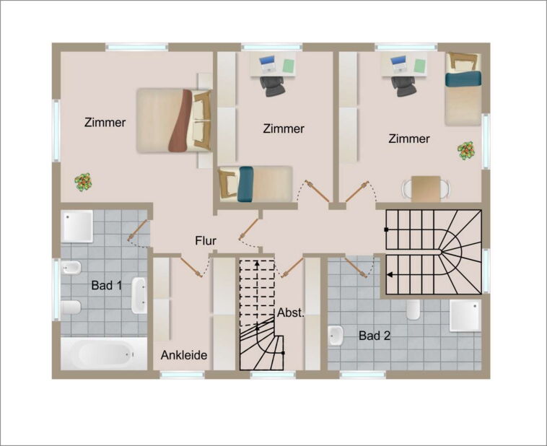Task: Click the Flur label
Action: coord(206,241)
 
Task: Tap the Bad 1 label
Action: coord(106,286)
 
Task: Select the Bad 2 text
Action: coord(375,336)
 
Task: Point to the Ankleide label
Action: coord(184,355)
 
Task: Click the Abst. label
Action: coord(291,312)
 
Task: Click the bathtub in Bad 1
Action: coord(105,354)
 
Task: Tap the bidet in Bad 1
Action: coord(71,268)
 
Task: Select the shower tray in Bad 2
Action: coord(465,315)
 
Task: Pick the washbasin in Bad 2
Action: coord(336,336)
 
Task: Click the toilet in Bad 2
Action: coord(413,309)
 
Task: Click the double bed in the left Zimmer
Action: coord(174,121)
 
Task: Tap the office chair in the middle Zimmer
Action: coord(272,86)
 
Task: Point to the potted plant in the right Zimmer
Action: coord(466,151)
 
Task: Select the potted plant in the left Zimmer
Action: coord(83,182)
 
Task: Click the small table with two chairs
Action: coord(426,189)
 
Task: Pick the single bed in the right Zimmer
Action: coord(463,89)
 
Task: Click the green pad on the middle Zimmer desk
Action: coord(289,66)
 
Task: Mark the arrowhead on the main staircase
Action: coord(389,275)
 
